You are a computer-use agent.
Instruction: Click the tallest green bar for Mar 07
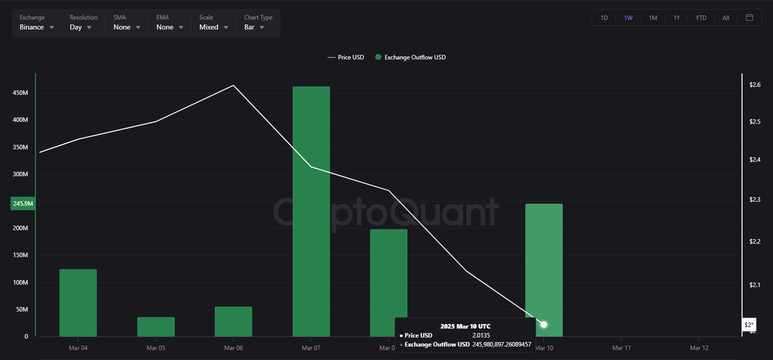311,210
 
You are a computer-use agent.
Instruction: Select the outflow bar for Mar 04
78,303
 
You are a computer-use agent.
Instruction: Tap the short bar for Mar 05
156,327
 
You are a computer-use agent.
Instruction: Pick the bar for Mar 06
233,321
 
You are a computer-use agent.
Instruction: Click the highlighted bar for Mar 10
544,260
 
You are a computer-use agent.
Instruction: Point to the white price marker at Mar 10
544,325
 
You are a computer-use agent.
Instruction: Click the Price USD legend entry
346,57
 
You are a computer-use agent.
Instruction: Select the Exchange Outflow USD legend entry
410,57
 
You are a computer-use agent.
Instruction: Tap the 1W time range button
628,17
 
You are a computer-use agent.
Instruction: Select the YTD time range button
701,17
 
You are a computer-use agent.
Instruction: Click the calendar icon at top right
750,17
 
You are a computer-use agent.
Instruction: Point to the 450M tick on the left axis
19,93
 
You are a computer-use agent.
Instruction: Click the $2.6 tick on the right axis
755,85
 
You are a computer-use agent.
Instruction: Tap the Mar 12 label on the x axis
699,348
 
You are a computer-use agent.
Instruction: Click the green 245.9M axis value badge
22,203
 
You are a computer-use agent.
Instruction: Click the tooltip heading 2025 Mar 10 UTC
465,326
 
